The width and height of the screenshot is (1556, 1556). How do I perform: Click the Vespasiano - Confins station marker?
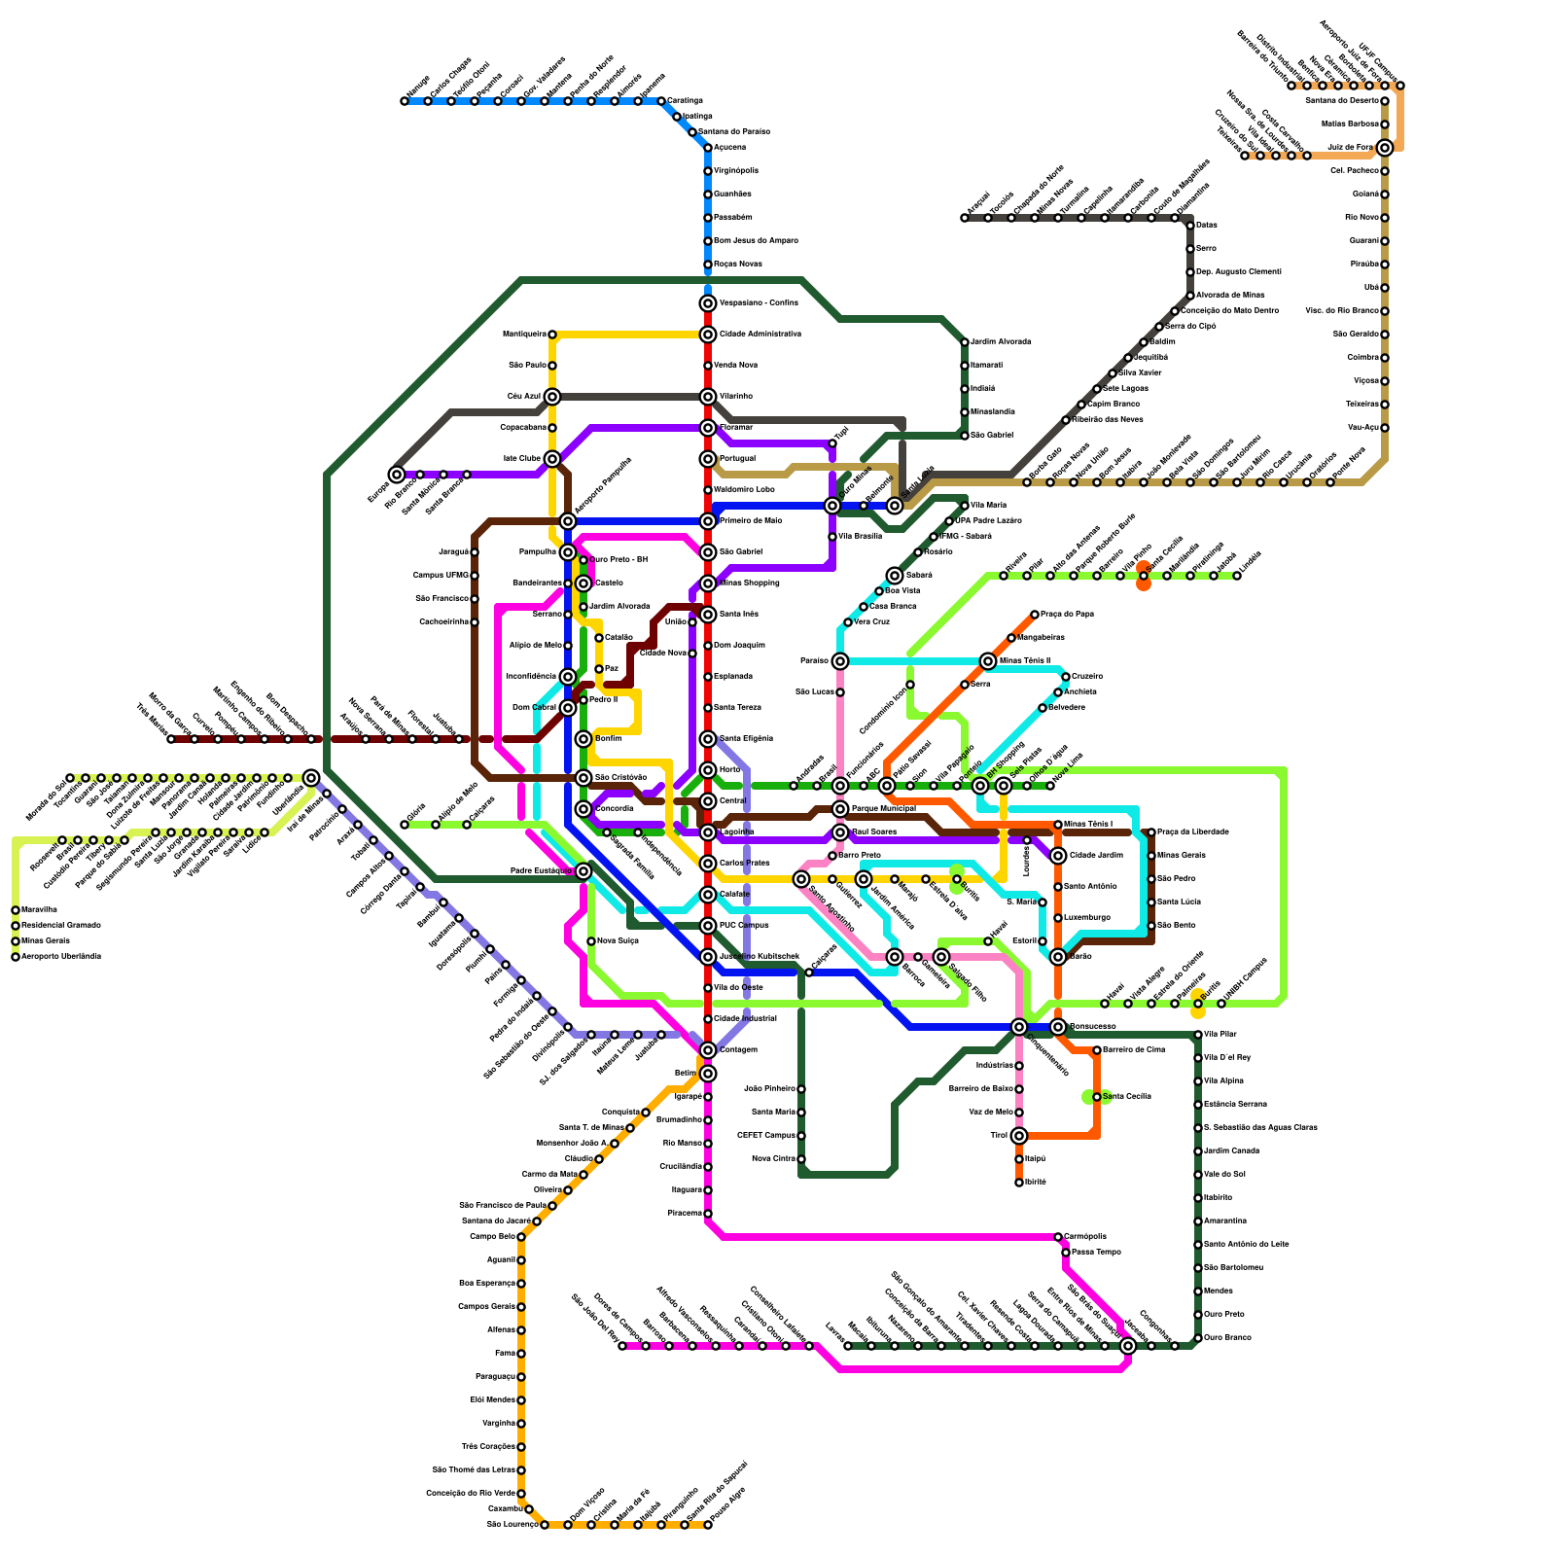tap(708, 303)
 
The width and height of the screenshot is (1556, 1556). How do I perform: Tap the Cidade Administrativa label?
tap(760, 334)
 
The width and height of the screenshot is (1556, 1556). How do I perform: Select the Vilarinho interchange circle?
tap(708, 397)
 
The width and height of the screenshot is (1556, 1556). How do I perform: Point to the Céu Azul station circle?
tap(552, 397)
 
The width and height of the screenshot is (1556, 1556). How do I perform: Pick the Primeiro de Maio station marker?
tap(708, 521)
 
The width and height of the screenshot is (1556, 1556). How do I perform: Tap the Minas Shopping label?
tap(749, 583)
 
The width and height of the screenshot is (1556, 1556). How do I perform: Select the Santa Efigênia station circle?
tap(708, 739)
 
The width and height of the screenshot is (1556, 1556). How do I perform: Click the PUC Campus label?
tap(744, 925)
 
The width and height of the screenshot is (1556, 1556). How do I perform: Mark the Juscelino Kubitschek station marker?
tap(708, 957)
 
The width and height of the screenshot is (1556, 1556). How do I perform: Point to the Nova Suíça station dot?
tap(591, 941)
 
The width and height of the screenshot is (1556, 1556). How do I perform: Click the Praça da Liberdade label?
tap(1192, 831)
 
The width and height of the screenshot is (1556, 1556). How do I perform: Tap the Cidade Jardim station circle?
tap(1058, 856)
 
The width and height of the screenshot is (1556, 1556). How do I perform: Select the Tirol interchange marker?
tap(1019, 1136)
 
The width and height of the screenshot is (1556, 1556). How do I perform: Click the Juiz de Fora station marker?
tap(1385, 148)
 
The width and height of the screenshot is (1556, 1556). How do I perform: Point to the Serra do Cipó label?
tap(1190, 326)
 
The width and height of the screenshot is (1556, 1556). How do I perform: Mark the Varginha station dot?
tap(521, 1424)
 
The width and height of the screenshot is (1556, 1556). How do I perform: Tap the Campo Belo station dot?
tap(521, 1237)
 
